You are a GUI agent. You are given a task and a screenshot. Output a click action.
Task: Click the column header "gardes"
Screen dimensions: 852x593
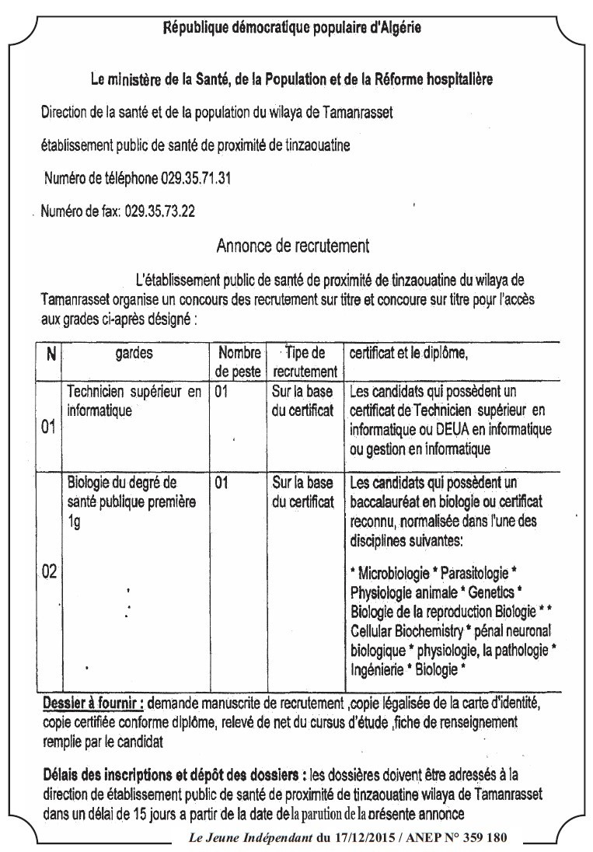[134, 353]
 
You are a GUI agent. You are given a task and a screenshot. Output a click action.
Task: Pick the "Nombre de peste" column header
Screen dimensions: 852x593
[239, 361]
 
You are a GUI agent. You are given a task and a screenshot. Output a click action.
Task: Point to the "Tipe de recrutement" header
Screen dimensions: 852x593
[305, 361]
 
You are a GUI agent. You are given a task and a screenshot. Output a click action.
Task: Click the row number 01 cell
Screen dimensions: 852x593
[48, 427]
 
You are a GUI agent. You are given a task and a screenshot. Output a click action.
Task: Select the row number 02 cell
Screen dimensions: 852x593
[48, 573]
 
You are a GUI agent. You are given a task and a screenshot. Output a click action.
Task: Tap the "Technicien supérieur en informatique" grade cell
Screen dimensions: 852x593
[134, 400]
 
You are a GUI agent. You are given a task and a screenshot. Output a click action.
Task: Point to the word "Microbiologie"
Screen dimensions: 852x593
[394, 574]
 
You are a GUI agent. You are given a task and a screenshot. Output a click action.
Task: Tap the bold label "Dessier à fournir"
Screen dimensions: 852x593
[92, 704]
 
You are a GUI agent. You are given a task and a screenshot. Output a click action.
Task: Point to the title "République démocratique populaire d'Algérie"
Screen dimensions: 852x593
[292, 29]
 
